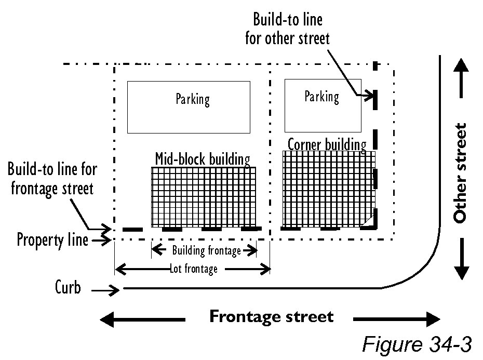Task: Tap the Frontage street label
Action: (271, 316)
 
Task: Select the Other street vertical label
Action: (460, 173)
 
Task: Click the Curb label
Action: (68, 287)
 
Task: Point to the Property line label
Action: (52, 240)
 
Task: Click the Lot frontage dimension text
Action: (193, 269)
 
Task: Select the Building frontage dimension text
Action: (206, 251)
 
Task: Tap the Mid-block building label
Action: (203, 159)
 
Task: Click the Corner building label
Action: (327, 144)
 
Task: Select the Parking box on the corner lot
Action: (323, 105)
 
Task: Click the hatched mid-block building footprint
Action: (204, 197)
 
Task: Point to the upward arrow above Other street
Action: (460, 78)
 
